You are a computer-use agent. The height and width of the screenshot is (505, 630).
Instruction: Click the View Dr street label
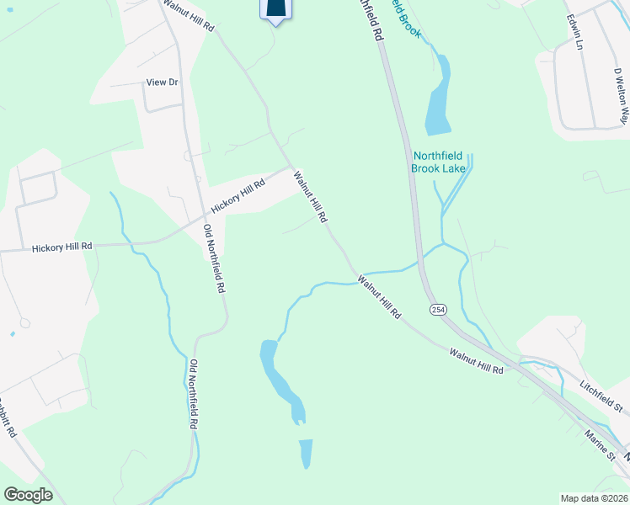(163, 82)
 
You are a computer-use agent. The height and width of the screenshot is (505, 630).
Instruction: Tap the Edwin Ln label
(575, 31)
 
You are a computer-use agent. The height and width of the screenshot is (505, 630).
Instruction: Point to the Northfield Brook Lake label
(437, 162)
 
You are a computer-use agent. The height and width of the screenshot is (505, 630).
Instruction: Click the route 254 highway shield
(438, 310)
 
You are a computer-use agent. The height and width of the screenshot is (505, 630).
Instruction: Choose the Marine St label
(601, 444)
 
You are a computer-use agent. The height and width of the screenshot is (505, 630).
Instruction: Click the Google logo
(28, 495)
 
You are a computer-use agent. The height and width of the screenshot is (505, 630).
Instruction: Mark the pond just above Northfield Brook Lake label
(437, 97)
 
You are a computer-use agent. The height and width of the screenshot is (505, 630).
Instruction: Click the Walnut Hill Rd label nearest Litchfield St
(476, 363)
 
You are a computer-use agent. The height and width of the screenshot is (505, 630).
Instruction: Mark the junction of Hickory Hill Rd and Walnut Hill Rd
(291, 166)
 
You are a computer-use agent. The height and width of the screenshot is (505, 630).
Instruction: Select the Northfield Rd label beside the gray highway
(372, 21)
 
